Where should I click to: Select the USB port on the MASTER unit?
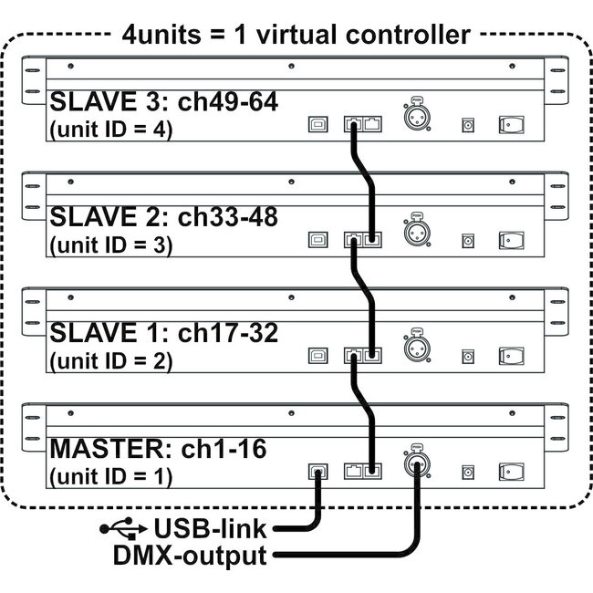317,471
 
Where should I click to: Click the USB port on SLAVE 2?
317,241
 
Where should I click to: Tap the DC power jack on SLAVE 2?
468,241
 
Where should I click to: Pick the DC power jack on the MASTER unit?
468,471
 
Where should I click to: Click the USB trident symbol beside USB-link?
122,527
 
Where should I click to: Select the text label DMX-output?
191,554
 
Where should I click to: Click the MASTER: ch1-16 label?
151,448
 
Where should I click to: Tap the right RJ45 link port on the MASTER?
371,471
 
